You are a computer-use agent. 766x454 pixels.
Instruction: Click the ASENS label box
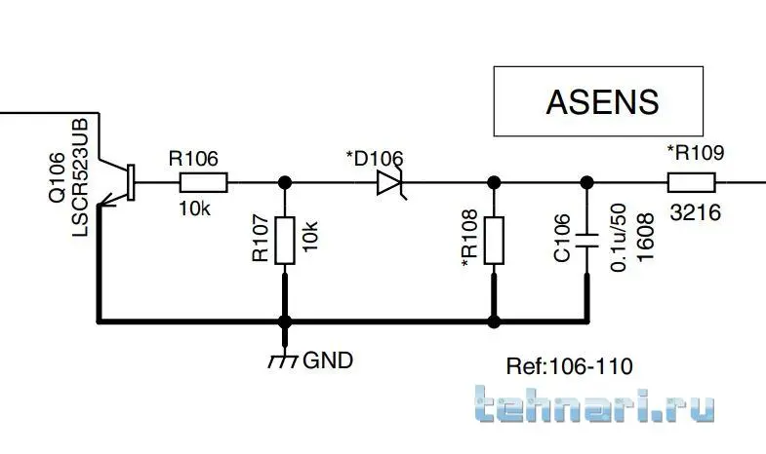pos(597,101)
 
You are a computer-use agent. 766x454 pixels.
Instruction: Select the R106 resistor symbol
pos(203,181)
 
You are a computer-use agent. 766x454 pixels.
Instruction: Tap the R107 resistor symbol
pos(285,241)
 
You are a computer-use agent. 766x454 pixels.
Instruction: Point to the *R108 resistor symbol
pos(494,241)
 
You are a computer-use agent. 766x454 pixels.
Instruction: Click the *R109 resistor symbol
pos(691,181)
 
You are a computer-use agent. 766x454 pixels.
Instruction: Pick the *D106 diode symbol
pos(389,181)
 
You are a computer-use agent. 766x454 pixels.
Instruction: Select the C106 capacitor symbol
pos(586,240)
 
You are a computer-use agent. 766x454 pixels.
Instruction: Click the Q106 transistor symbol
pos(122,183)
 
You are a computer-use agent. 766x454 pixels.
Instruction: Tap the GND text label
pos(329,359)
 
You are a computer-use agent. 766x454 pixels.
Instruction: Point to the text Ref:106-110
pos(569,366)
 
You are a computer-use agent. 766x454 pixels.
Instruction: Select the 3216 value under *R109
pos(695,211)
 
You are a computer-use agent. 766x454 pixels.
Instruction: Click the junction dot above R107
pos(285,181)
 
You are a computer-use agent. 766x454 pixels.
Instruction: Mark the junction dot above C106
pos(586,181)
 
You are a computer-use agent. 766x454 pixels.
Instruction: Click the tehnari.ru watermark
pos(595,406)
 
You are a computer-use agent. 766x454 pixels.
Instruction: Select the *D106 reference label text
pos(375,157)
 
